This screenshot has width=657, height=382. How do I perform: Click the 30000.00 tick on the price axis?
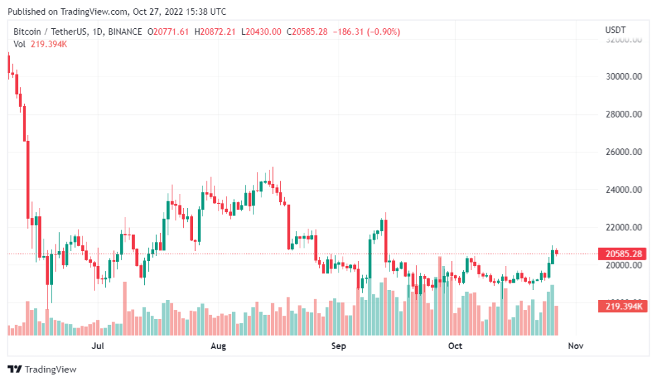619,77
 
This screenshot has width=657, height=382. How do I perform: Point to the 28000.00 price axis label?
619,114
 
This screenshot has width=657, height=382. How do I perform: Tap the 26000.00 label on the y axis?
619,152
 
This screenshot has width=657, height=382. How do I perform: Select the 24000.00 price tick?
619,189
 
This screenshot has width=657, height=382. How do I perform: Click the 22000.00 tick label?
619,227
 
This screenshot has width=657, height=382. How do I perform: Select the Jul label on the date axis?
98,346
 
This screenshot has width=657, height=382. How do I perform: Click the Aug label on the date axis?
218,346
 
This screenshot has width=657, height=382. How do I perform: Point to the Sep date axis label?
339,346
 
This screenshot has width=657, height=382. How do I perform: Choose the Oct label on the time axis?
455,346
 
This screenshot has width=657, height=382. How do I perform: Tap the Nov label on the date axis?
575,346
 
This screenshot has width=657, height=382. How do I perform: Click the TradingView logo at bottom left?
42,369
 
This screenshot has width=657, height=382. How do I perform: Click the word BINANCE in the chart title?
125,32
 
